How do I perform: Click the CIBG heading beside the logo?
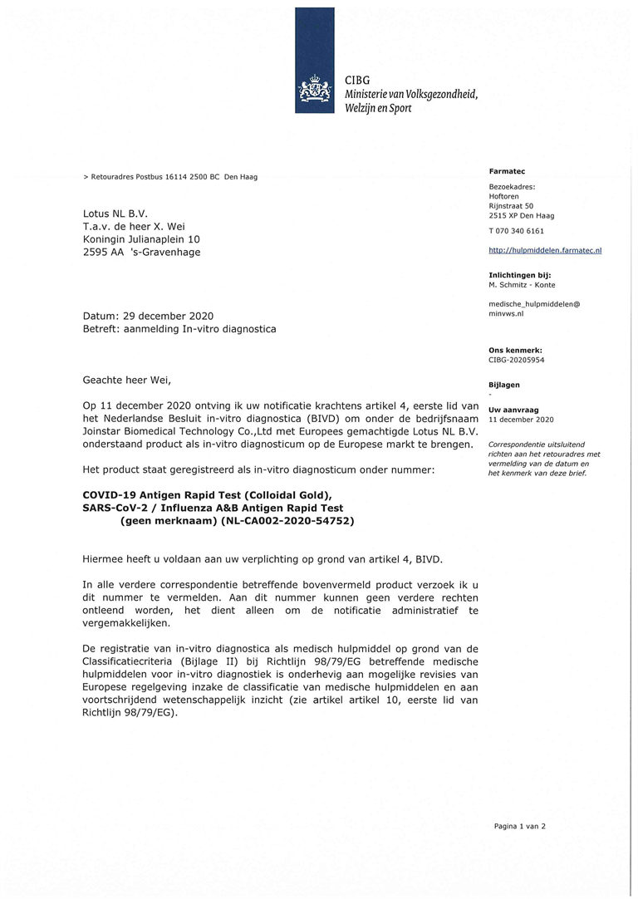click(357, 80)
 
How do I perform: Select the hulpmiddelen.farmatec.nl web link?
click(545, 249)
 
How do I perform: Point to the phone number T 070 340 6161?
click(517, 231)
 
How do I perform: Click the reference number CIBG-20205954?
click(517, 360)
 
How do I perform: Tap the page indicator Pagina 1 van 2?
click(519, 826)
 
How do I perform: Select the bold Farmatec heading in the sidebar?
click(507, 171)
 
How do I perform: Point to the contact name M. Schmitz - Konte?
click(522, 285)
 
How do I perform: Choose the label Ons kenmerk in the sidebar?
click(515, 351)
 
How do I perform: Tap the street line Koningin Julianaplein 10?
click(141, 239)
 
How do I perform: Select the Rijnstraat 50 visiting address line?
click(511, 205)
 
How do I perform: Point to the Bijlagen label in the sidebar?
click(504, 385)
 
